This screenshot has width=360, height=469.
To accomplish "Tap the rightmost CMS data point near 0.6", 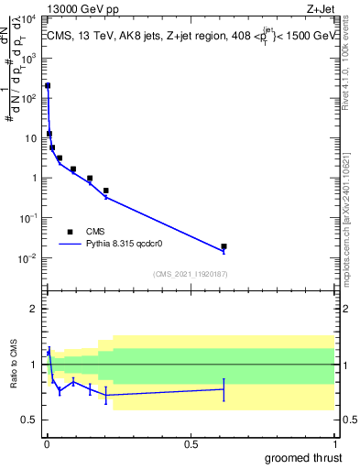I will point(224,246).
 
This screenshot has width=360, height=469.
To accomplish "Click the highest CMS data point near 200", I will point(48,85).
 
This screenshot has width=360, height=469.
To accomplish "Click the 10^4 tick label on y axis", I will point(29,18).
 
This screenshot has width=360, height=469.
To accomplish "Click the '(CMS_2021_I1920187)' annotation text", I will point(190,274).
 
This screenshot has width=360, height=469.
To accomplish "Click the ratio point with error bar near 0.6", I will point(224,389).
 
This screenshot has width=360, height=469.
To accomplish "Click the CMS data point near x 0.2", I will point(106,191).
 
